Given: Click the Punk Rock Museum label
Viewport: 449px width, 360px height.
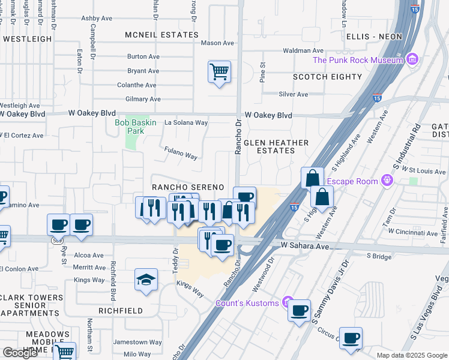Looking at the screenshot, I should coord(357,60).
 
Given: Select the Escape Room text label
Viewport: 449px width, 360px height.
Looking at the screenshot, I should coord(352,181).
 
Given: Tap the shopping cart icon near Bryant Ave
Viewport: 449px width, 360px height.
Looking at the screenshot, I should coord(219,72).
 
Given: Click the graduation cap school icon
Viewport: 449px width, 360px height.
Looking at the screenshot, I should coord(146,280).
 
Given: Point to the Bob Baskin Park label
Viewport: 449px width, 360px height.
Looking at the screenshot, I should coord(136,127).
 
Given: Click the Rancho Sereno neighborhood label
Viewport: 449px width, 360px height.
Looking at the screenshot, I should coord(188,187).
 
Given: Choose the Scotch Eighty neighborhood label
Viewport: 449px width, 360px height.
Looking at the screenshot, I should coord(327,77).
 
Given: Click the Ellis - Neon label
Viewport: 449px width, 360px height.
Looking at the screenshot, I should coord(374,37).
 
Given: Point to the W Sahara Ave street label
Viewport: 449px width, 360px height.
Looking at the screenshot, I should coord(306,247).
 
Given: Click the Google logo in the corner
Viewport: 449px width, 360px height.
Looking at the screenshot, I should coord(20,353).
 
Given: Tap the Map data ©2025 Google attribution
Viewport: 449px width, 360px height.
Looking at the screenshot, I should coord(412,355).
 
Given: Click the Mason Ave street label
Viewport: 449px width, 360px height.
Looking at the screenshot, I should coord(217,43).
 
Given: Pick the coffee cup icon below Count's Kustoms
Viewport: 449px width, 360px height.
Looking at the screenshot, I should coord(299,311).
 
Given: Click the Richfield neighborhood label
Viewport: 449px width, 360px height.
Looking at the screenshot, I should coord(121,311).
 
